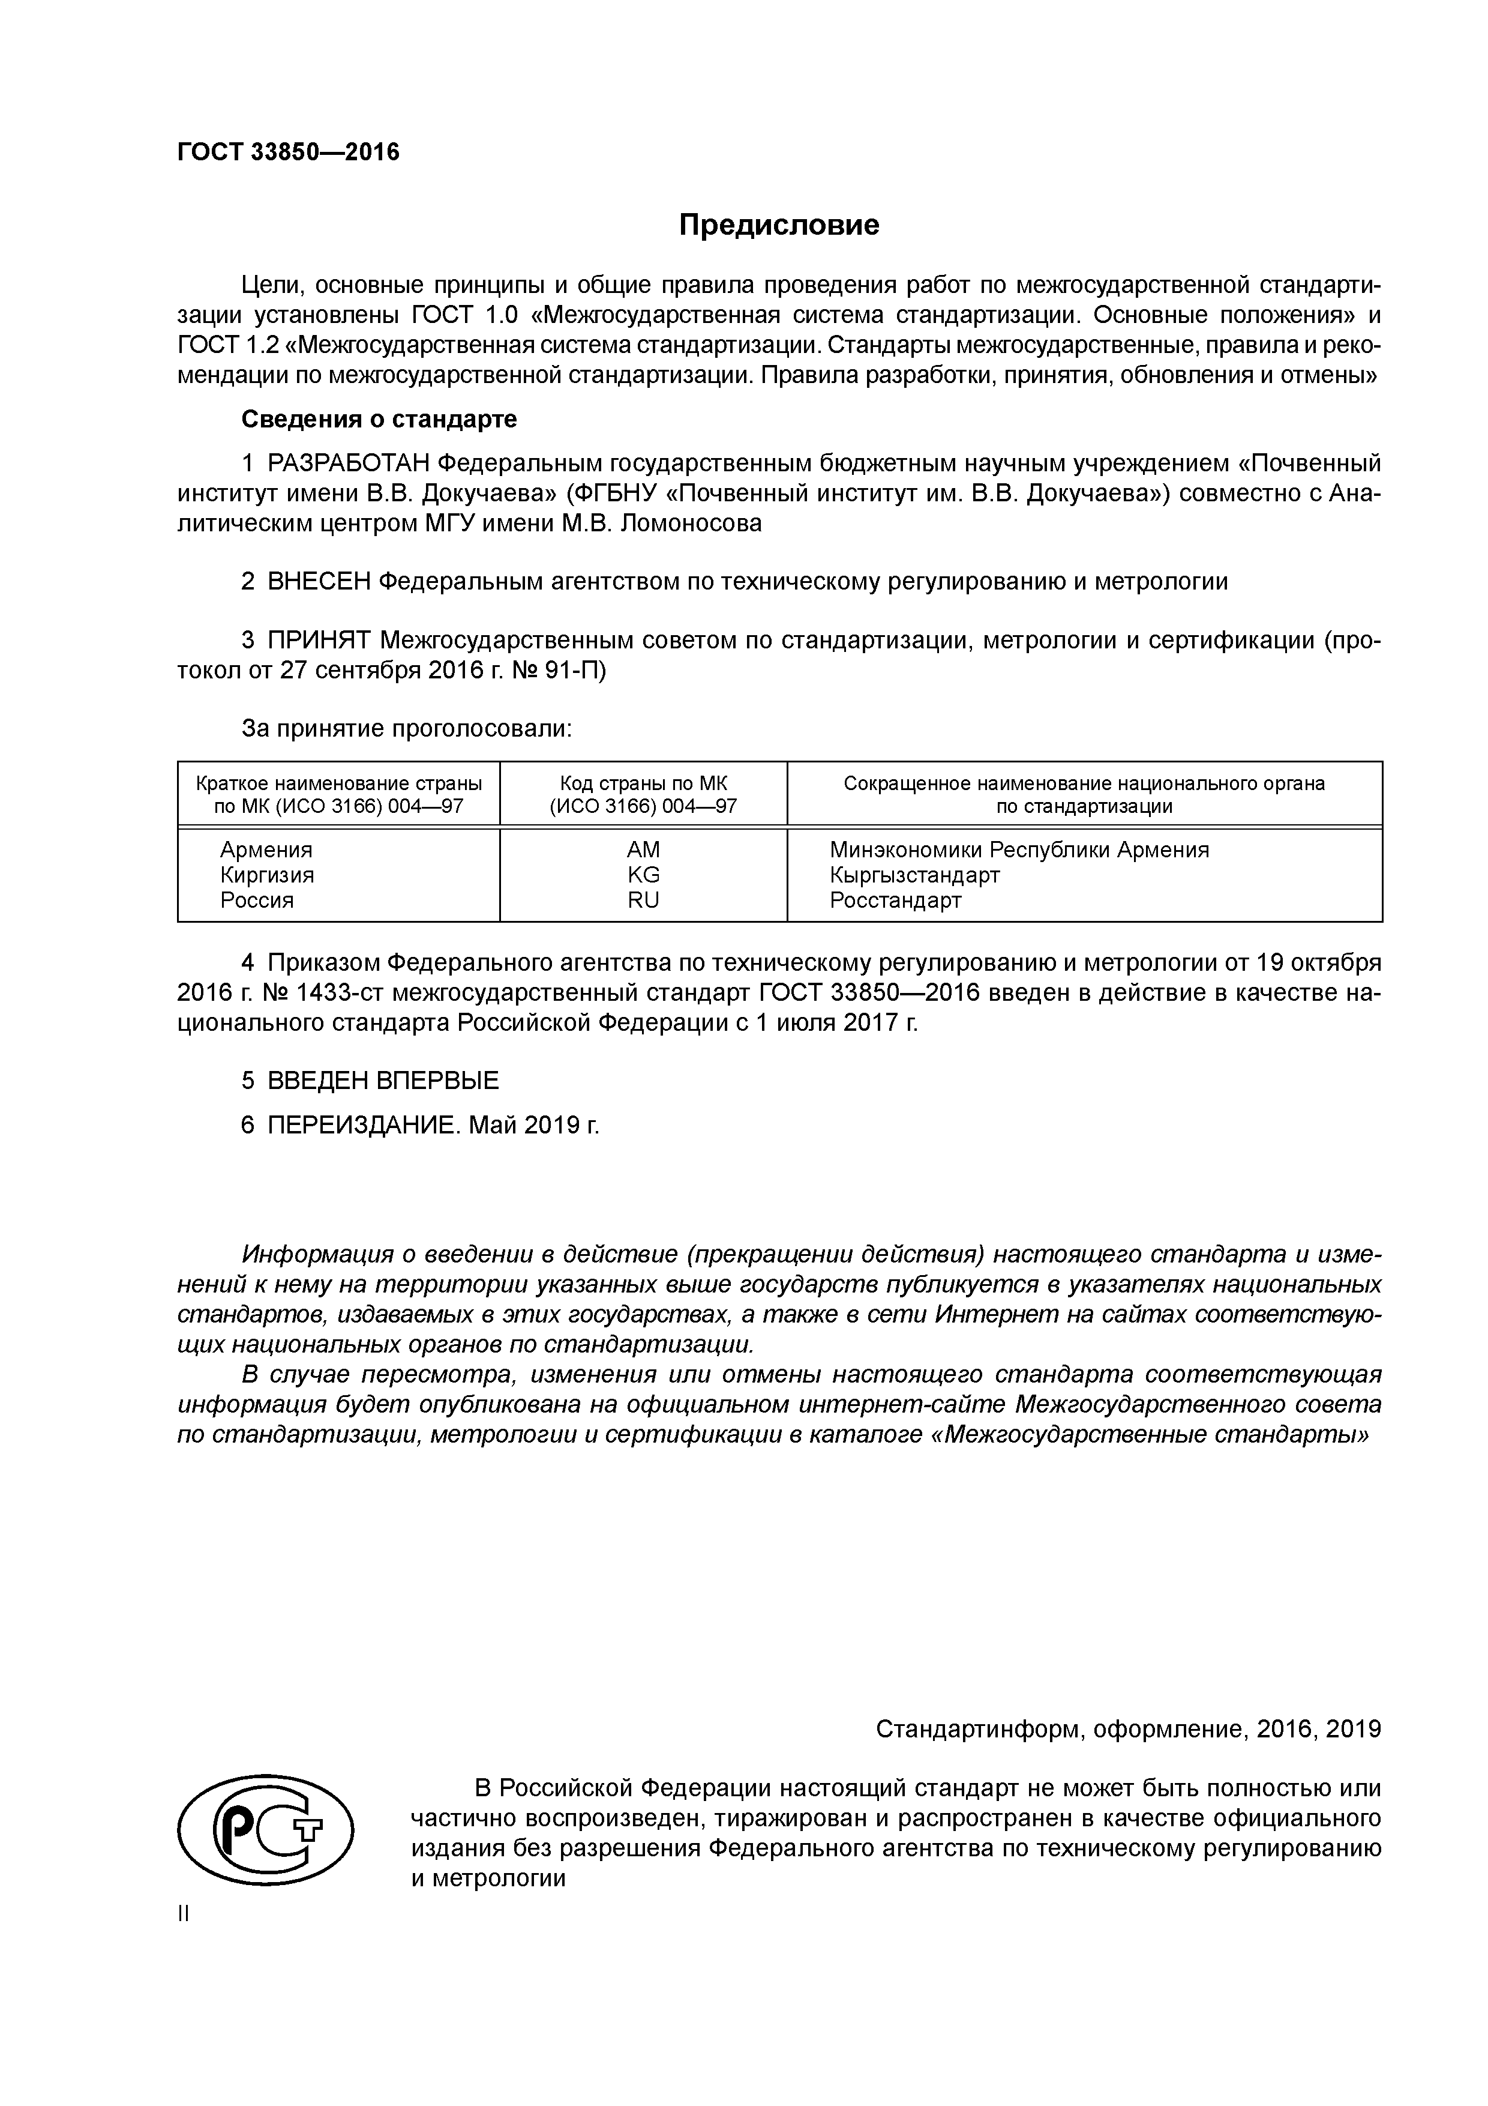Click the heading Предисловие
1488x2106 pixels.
pos(778,225)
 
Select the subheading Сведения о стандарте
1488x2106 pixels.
pos(379,419)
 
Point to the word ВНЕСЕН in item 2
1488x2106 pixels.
pos(319,582)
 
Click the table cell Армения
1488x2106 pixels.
pos(266,849)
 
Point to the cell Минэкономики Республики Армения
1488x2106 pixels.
pos(1019,849)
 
